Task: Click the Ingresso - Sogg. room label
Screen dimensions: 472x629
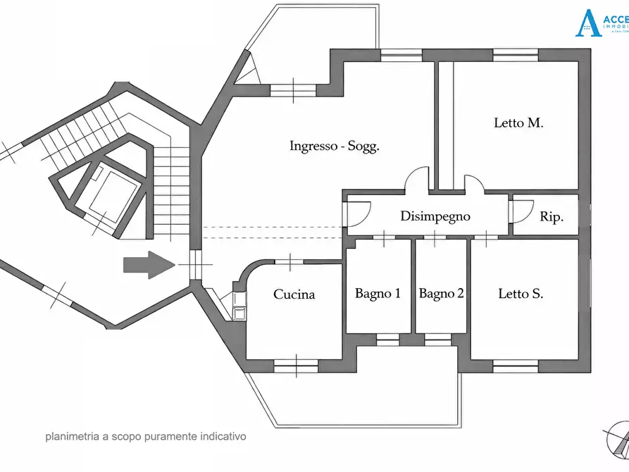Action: coord(335,147)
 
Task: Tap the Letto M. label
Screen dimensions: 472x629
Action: coord(518,123)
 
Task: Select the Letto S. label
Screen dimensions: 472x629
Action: coord(521,294)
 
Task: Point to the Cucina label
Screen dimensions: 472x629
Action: coord(294,294)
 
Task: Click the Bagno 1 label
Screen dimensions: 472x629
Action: coord(378,294)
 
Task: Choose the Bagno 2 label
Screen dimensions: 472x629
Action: coord(441,294)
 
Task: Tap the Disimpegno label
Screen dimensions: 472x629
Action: coord(435,216)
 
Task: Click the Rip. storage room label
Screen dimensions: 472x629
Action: coord(552,218)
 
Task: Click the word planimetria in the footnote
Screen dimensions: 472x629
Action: coord(71,437)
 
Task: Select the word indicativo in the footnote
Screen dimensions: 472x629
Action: coord(222,437)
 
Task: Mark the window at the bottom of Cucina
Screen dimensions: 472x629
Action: coord(295,366)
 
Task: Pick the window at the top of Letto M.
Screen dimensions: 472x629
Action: coord(515,55)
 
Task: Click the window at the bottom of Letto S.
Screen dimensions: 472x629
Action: coord(516,366)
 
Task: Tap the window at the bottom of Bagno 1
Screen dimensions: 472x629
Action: coord(387,339)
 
